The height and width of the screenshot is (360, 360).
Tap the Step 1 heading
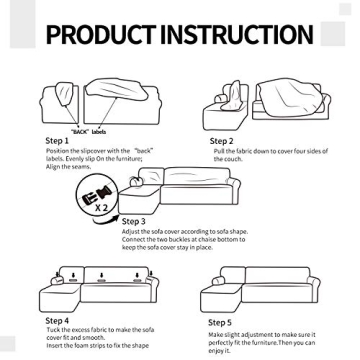tap(57, 141)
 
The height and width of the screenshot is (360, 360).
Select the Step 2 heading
tap(221, 141)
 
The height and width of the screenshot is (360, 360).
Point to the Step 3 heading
tap(135, 220)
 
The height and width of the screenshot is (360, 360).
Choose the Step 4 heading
tap(57, 320)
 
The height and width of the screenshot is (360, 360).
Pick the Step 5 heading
tap(219, 323)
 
